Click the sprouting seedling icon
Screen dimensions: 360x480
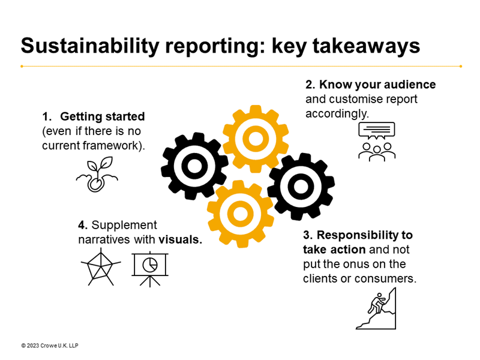pyautogui.click(x=97, y=175)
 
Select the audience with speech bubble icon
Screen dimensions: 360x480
pyautogui.click(x=377, y=141)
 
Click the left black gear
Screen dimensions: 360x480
pyautogui.click(x=194, y=166)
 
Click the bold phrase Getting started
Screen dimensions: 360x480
pyautogui.click(x=103, y=116)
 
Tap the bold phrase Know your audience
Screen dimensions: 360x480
pyautogui.click(x=377, y=85)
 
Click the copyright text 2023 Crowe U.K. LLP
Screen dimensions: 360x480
pyautogui.click(x=50, y=346)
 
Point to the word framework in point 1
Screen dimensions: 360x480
pyautogui.click(x=115, y=146)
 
